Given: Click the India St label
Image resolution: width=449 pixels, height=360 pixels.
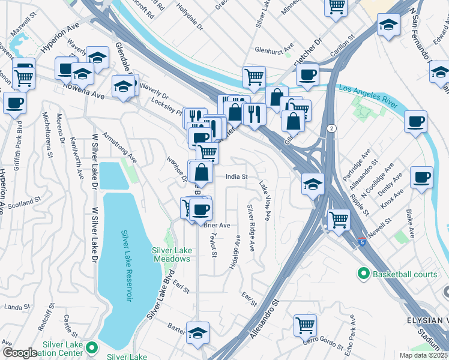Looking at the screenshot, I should [237, 177].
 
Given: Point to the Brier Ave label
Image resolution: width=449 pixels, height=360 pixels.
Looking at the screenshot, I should [217, 225].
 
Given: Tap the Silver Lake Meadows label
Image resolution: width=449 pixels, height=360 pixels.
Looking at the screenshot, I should [171, 254].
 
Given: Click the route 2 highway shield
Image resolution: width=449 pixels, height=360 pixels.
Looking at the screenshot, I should [331, 128].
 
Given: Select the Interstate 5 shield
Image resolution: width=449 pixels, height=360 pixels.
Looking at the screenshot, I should [361, 242].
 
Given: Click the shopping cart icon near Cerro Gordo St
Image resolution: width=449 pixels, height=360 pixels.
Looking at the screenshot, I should [305, 326].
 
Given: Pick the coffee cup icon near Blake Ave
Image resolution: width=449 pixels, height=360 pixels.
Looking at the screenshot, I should [421, 178].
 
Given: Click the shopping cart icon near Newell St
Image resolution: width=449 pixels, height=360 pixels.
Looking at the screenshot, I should [339, 220].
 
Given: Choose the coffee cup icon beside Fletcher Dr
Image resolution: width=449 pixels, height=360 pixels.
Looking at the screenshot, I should [307, 75].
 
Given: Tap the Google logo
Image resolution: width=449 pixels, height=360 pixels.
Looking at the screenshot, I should [20, 353].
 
